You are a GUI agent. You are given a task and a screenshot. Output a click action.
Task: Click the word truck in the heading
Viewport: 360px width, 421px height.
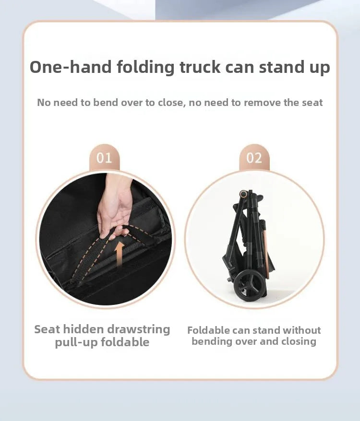tap(200, 67)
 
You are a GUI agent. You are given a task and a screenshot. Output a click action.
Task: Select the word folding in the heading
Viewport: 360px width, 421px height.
tap(145, 68)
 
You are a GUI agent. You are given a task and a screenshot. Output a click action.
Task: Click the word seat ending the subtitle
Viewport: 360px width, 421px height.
tap(312, 103)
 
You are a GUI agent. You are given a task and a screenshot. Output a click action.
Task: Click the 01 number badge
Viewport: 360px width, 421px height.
tap(104, 158)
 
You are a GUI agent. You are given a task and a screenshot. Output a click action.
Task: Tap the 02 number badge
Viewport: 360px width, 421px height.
tap(254, 158)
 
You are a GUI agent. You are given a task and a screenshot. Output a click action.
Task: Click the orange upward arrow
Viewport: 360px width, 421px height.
tap(119, 254)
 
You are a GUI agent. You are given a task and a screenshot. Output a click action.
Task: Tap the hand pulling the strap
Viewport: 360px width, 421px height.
tap(115, 207)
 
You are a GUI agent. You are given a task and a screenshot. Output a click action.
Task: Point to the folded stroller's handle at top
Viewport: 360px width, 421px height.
tap(243, 194)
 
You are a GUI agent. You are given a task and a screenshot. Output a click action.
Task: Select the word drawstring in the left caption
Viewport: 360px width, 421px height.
tap(138, 329)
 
